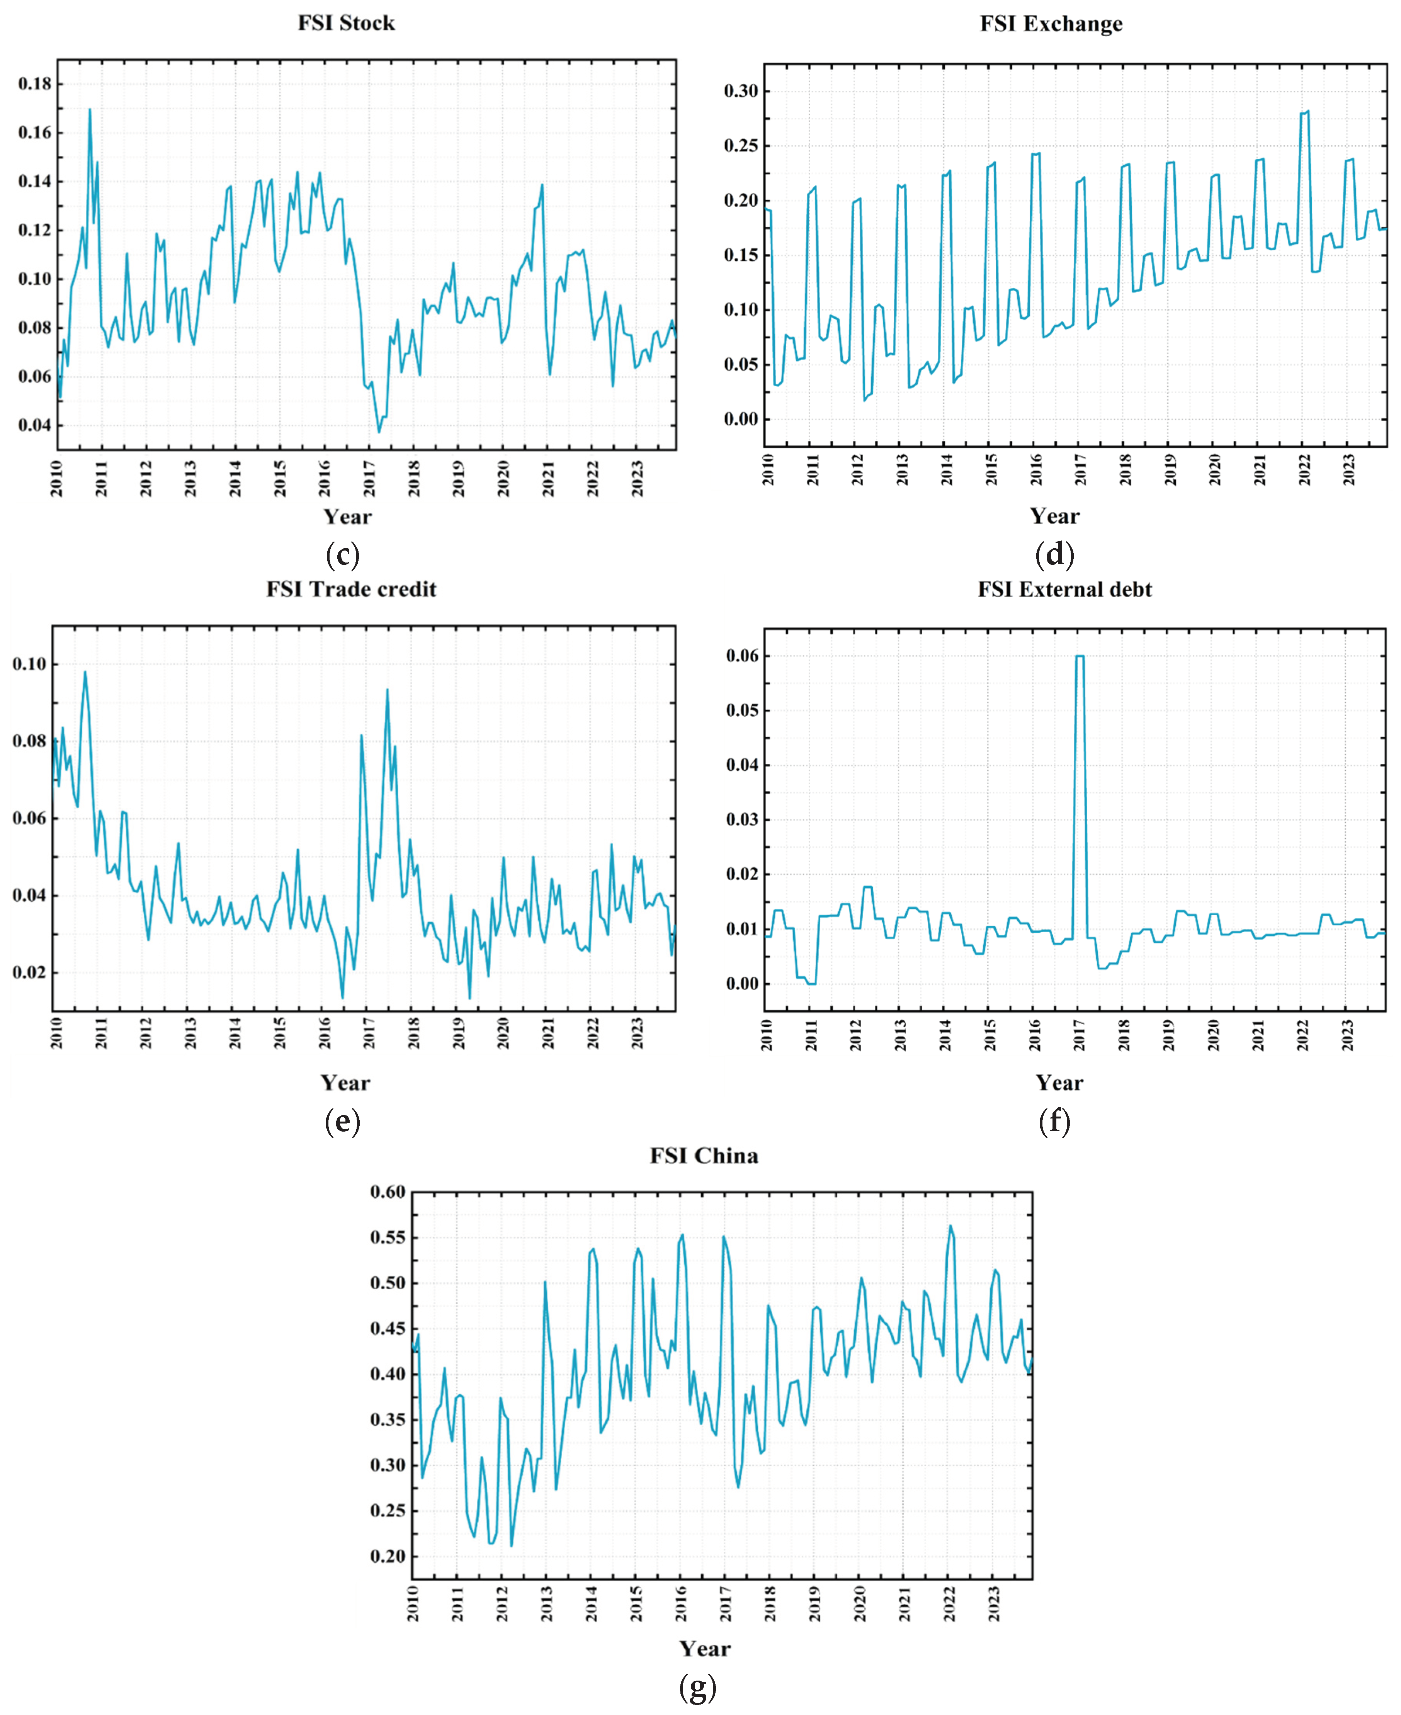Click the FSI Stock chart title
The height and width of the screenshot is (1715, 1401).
coord(346,22)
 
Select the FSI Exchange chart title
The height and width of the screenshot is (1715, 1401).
coord(1051,24)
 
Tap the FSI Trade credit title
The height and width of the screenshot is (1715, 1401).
coord(351,589)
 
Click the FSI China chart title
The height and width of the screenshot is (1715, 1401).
coord(704,1156)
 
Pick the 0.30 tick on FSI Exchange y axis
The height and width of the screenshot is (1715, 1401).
coord(741,91)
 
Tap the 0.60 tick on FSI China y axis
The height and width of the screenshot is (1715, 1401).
coord(388,1192)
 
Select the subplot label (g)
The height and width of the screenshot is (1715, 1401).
coord(698,1686)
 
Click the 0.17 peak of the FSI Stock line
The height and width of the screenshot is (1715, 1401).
coord(90,109)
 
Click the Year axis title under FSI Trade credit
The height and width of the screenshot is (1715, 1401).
coord(345,1082)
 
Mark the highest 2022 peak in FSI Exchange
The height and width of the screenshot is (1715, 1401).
coord(1307,111)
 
